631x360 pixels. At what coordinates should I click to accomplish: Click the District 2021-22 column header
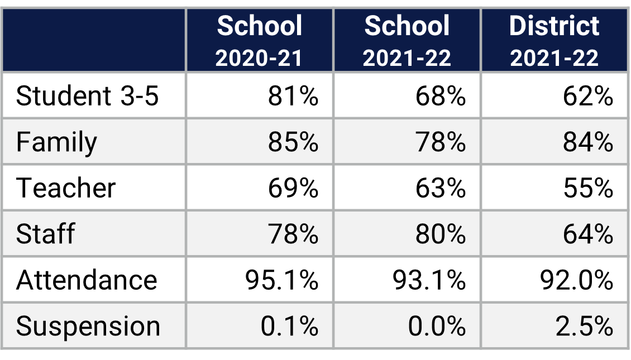pos(554,41)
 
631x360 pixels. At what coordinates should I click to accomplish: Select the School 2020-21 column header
pos(259,41)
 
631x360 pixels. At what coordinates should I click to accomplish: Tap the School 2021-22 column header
pos(407,41)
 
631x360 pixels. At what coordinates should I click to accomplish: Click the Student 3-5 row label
pos(88,97)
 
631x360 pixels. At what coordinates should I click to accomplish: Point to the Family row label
pos(56,142)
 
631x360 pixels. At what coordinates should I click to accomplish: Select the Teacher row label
pos(66,188)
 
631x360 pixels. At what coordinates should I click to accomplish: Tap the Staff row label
pos(45,234)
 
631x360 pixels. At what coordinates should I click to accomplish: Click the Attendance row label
pos(87,280)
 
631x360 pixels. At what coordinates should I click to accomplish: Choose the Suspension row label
pos(88,326)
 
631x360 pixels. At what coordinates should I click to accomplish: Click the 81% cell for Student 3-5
pos(293,97)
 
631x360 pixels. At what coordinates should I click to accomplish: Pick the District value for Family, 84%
pos(588,142)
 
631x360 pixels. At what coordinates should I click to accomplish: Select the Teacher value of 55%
pos(588,188)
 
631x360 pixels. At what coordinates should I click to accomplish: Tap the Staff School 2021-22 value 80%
pos(441,234)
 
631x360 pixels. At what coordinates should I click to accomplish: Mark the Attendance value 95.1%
pos(282,280)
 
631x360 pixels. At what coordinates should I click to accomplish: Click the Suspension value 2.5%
pos(584,326)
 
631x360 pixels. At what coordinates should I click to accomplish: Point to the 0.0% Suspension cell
pos(437,326)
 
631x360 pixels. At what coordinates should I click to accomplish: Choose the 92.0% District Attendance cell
pos(577,280)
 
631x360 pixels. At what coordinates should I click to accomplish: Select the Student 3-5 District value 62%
pos(588,97)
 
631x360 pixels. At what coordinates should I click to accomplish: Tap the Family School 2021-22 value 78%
pos(441,142)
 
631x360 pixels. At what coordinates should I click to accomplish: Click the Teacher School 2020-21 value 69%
pos(293,188)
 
